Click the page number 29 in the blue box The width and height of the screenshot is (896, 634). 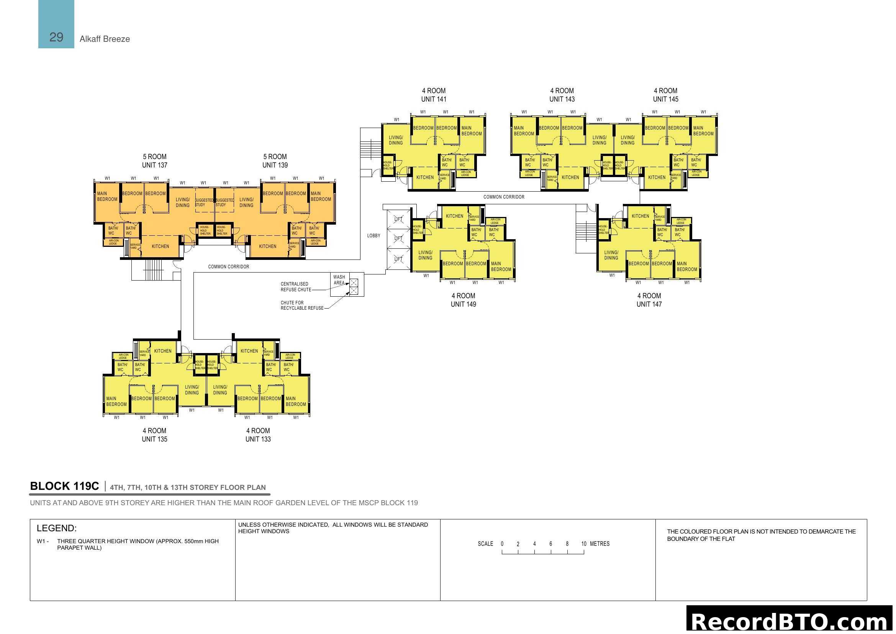(56, 37)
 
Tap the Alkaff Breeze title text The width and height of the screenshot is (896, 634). (105, 39)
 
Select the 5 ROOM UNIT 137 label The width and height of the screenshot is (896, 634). (154, 161)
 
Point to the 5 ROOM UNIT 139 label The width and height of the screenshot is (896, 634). (275, 161)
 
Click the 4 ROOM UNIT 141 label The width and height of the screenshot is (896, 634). (434, 95)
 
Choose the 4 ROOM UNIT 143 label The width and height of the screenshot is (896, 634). (562, 95)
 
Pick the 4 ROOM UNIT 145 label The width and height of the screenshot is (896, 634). (665, 95)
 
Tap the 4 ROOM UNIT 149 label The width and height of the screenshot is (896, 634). (463, 300)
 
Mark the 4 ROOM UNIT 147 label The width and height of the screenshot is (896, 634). (649, 300)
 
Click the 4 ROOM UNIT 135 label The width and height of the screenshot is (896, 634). (154, 435)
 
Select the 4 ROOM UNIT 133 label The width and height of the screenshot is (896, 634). (258, 435)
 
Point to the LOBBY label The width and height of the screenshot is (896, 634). (373, 236)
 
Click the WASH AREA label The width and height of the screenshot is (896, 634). (339, 280)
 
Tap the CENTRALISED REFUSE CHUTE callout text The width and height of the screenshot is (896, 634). (295, 287)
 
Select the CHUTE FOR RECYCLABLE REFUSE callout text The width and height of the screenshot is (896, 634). (301, 305)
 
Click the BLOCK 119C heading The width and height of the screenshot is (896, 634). (64, 486)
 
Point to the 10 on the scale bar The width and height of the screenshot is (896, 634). (583, 544)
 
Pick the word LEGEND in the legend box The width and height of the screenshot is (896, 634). (57, 528)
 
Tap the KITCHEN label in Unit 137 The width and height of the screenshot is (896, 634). (161, 246)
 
